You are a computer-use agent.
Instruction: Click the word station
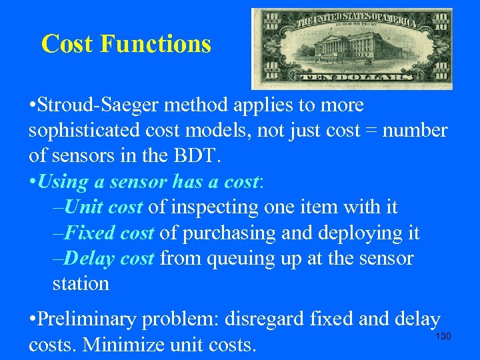(x=80, y=284)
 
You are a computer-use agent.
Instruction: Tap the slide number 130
(x=443, y=337)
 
